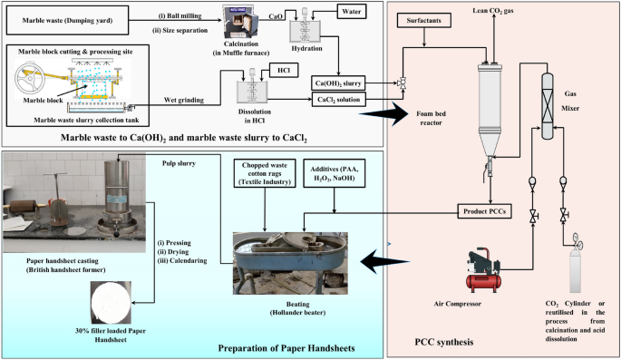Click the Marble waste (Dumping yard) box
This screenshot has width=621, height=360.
pyautogui.click(x=68, y=20)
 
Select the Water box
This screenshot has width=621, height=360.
pyautogui.click(x=351, y=12)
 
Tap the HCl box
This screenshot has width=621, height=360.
pyautogui.click(x=284, y=70)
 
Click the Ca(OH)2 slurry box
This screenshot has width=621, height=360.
pyautogui.click(x=338, y=83)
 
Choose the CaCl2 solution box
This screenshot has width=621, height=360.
pyautogui.click(x=339, y=100)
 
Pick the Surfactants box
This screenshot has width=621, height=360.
pyautogui.click(x=423, y=20)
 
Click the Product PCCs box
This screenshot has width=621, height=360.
pyautogui.click(x=484, y=211)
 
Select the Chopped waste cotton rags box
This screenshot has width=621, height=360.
pyautogui.click(x=265, y=173)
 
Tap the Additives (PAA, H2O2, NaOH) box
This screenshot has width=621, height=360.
pyautogui.click(x=334, y=173)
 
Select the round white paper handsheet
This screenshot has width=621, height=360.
pyautogui.click(x=111, y=303)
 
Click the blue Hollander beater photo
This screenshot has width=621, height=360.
pyautogui.click(x=290, y=263)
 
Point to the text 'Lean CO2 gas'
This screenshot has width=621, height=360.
pyautogui.click(x=493, y=11)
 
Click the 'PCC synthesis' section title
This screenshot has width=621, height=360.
pyautogui.click(x=444, y=342)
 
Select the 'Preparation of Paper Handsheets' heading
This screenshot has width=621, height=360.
pyautogui.click(x=286, y=348)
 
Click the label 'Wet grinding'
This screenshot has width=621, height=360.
pyautogui.click(x=184, y=100)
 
